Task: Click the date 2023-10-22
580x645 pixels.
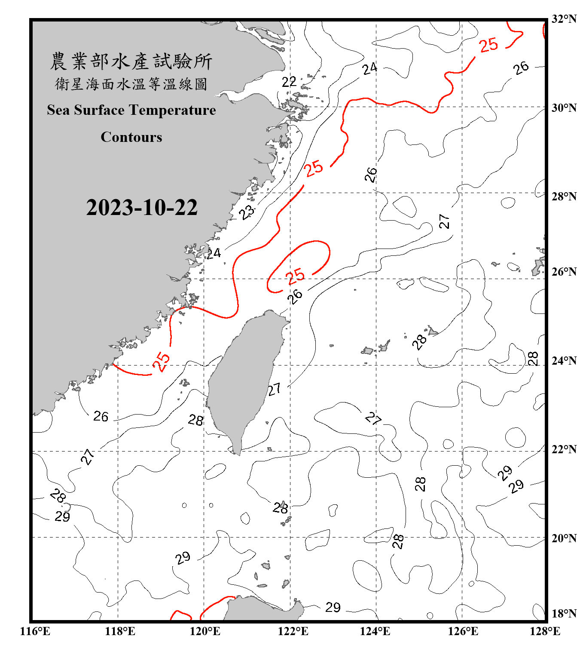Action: [x=142, y=207]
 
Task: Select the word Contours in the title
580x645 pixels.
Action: [x=131, y=137]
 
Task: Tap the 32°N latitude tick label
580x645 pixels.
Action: [x=564, y=19]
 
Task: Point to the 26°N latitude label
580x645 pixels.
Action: [x=564, y=272]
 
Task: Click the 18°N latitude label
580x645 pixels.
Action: [x=564, y=614]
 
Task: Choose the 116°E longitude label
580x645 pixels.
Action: [x=35, y=631]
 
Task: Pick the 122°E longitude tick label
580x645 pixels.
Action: [x=293, y=631]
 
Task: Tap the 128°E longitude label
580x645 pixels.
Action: [x=545, y=631]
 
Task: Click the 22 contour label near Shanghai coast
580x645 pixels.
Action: [x=289, y=82]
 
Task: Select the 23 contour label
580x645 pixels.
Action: [x=247, y=212]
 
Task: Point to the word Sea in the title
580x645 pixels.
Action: [x=59, y=110]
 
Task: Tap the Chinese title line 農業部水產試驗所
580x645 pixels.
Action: [x=131, y=61]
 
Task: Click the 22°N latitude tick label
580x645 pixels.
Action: [x=564, y=449]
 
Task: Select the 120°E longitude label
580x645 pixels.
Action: [x=205, y=631]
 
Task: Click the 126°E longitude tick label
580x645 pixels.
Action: [x=463, y=631]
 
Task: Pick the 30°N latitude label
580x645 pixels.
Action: [x=564, y=108]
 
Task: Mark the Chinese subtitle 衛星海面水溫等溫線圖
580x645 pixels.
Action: [x=131, y=84]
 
